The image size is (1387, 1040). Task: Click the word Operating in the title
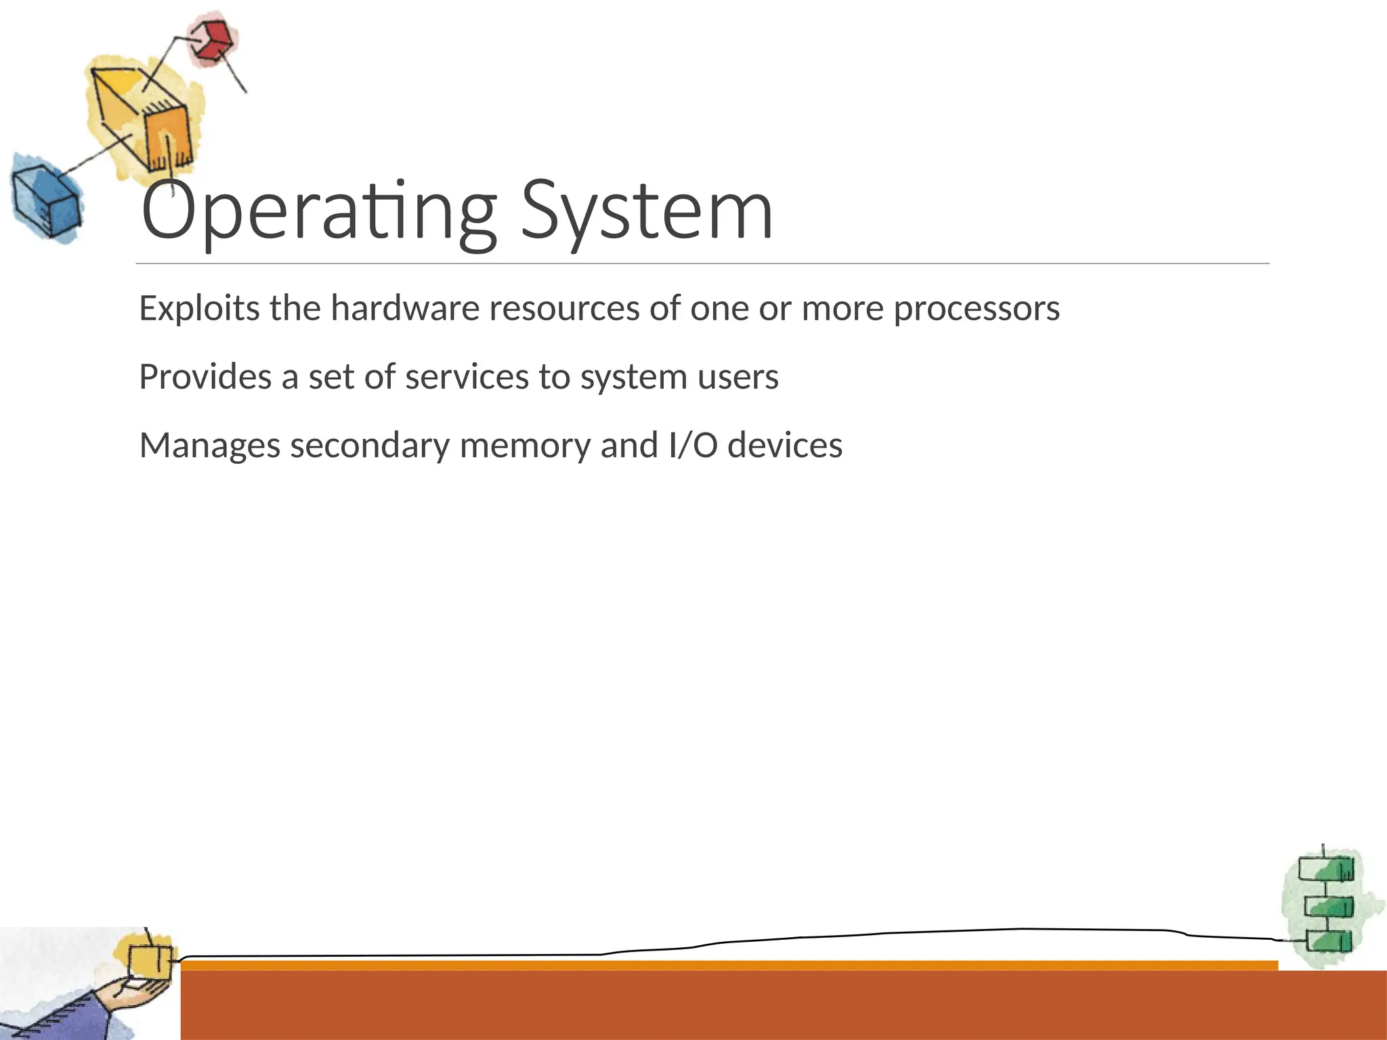(x=318, y=211)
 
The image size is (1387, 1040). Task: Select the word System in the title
(x=647, y=211)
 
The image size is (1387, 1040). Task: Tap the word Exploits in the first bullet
(x=199, y=309)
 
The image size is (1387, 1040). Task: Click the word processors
(x=976, y=309)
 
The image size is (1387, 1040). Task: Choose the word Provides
(x=205, y=377)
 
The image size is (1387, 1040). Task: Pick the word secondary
(x=370, y=446)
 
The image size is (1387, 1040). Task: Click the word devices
(x=785, y=446)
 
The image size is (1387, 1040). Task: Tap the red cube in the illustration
(x=213, y=40)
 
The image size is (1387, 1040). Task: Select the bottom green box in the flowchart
(x=1329, y=942)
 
